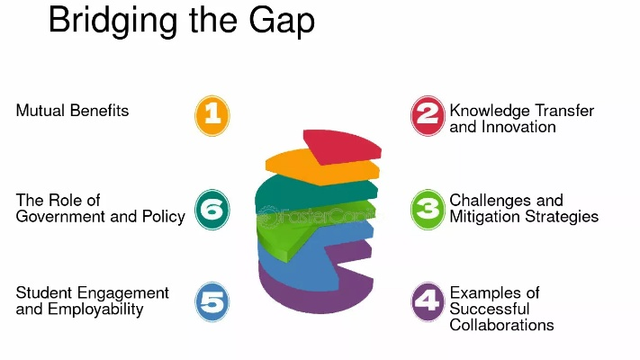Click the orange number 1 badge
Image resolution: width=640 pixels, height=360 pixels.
pos(212,115)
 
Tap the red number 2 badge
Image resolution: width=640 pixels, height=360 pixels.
pos(428,115)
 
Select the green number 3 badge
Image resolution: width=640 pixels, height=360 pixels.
pos(428,210)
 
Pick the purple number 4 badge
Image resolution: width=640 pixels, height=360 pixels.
pos(428,301)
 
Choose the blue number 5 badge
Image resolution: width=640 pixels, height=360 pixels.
pos(212,301)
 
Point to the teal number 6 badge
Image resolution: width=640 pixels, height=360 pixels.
pos(212,210)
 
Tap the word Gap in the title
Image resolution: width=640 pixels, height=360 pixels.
pos(282,22)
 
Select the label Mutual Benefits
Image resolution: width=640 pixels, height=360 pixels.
pos(72,111)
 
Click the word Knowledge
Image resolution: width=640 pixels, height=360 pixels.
pos(490,112)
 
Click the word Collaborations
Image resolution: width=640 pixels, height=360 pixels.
pos(501,325)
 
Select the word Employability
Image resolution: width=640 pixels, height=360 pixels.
pos(95,310)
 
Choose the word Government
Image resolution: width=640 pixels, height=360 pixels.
pos(61,217)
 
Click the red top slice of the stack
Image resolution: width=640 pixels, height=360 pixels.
pos(342,147)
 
